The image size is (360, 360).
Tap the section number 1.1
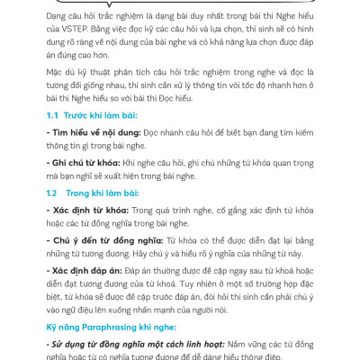pyautogui.click(x=57, y=117)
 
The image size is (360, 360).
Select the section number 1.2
pyautogui.click(x=57, y=193)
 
